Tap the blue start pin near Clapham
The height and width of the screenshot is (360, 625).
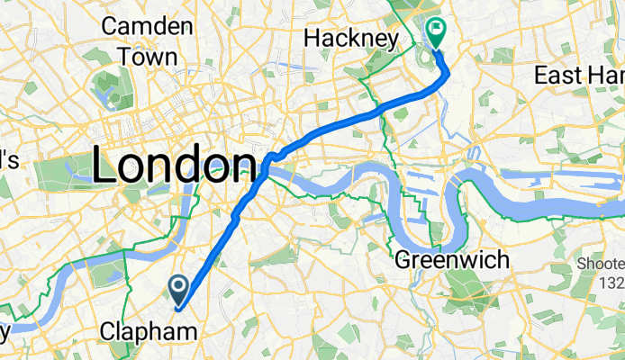click(x=178, y=291)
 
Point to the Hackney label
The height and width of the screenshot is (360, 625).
click(x=350, y=39)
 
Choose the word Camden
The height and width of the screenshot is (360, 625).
click(x=148, y=26)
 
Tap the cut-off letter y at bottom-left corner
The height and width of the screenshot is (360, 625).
click(x=5, y=333)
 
